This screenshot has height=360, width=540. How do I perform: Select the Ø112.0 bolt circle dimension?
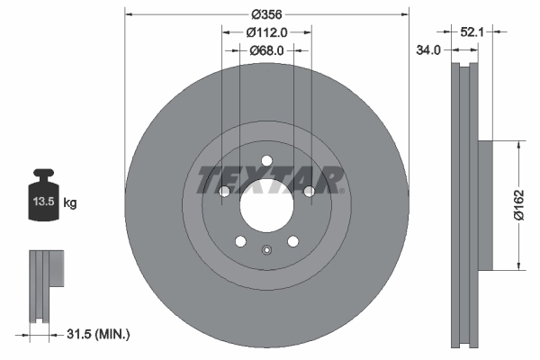point(266,33)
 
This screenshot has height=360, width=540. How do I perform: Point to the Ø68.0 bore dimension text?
point(266,50)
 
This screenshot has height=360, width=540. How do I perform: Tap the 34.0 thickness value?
point(428,50)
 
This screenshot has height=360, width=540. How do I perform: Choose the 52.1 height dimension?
point(472,31)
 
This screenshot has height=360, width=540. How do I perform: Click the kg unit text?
point(70,203)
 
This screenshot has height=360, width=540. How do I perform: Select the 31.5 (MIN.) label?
point(100,335)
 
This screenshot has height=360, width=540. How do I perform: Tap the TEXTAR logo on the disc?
point(267,179)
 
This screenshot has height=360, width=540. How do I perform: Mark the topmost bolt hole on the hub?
point(267,162)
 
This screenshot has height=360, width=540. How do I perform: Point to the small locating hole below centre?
point(266,251)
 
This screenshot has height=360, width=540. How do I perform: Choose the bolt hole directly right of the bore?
point(309,192)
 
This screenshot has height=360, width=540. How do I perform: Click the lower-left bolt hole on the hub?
point(240,240)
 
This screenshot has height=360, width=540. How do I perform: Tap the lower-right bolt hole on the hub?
point(292,240)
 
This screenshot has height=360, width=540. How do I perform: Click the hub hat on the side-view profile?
point(486,204)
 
